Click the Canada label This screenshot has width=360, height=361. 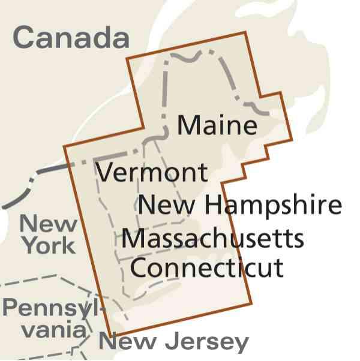click(71, 37)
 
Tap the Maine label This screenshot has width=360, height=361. click(217, 126)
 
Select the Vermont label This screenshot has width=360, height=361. click(152, 173)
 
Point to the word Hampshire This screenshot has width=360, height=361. click(272, 205)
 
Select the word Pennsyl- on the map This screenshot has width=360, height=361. click(53, 308)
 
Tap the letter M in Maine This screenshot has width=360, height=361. click(187, 126)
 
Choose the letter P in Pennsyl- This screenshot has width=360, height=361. click(10, 308)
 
